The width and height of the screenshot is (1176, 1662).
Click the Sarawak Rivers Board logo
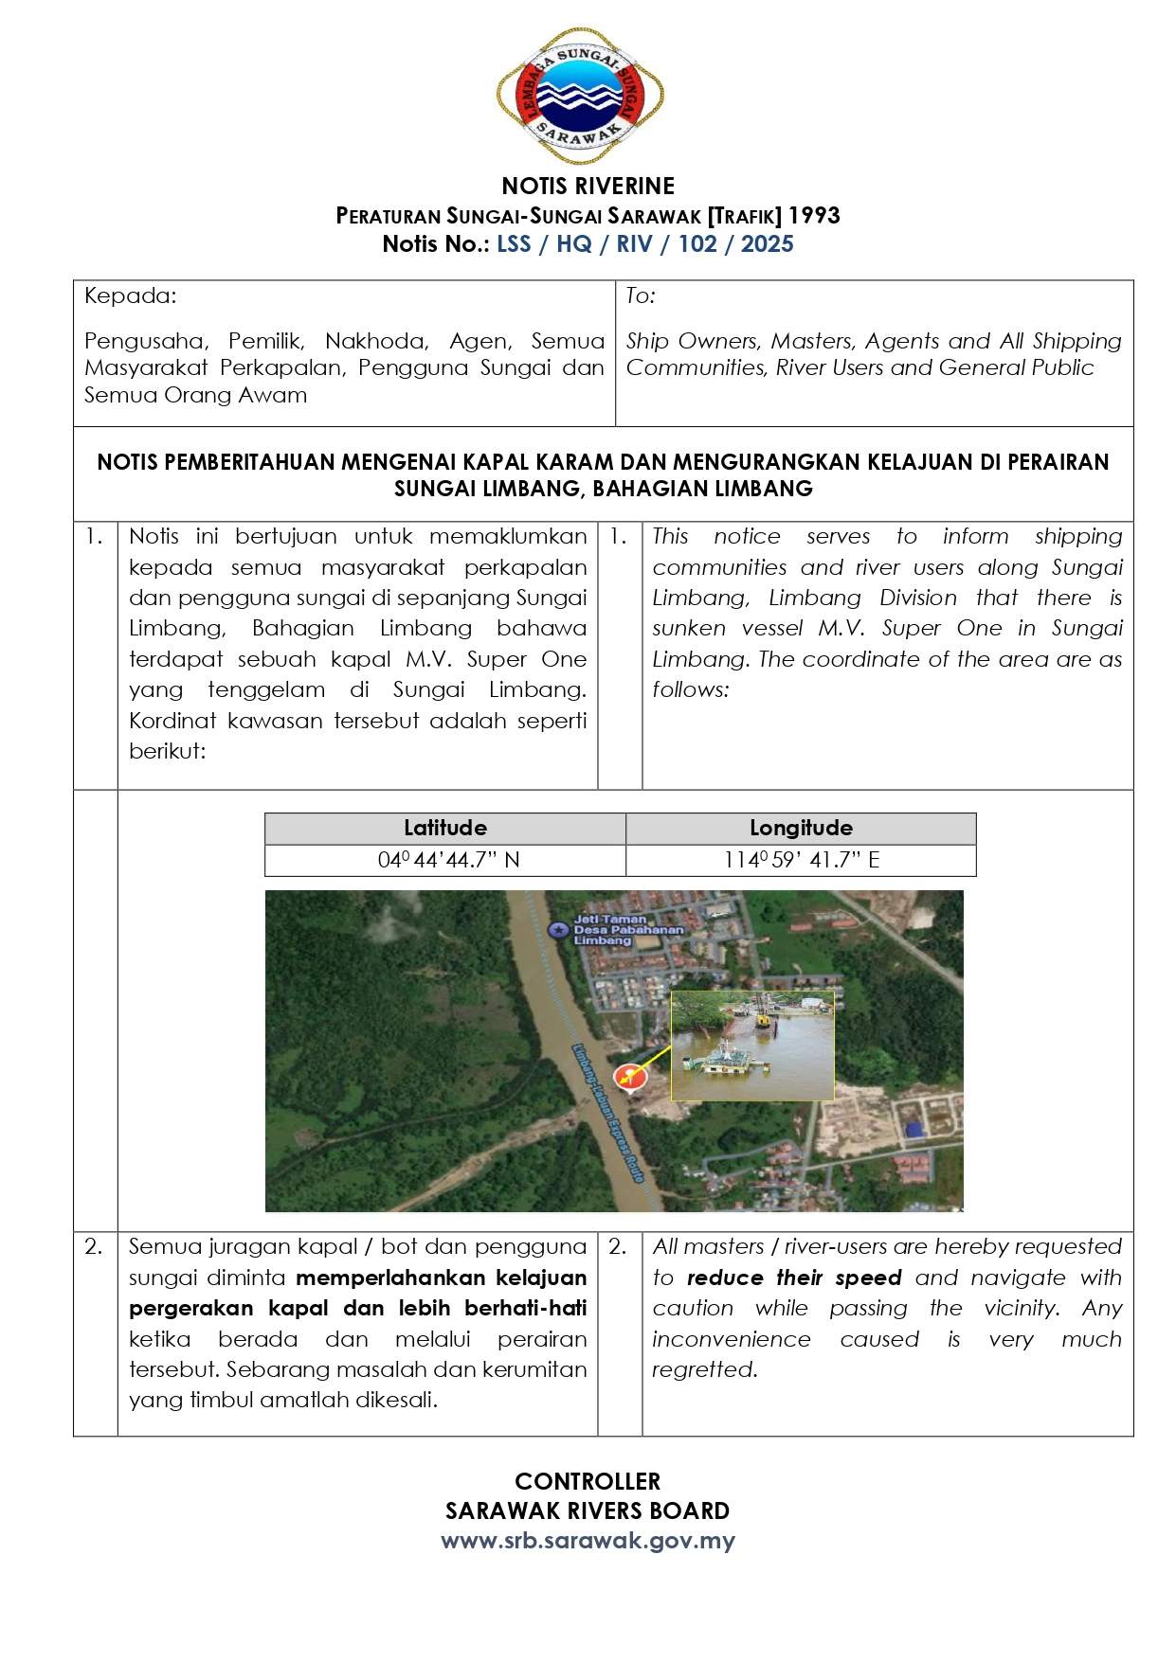click(x=580, y=96)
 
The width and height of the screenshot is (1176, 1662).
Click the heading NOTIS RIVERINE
click(x=588, y=186)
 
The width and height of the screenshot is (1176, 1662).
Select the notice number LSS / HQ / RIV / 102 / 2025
click(x=644, y=244)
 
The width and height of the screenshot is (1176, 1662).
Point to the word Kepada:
click(x=130, y=295)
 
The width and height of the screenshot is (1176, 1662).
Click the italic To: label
click(x=641, y=295)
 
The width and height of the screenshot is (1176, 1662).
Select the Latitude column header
click(x=444, y=828)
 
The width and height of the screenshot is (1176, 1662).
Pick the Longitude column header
click(x=801, y=828)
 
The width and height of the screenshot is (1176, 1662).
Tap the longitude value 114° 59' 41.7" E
click(x=802, y=860)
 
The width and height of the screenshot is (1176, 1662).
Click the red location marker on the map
click(x=626, y=1077)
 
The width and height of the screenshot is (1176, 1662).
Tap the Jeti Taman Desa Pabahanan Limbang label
click(x=626, y=929)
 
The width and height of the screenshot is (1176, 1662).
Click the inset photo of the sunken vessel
click(x=752, y=1045)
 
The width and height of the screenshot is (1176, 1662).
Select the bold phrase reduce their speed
click(x=794, y=1278)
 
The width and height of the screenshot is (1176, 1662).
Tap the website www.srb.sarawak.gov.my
click(x=588, y=1541)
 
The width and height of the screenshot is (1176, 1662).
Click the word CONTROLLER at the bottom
click(x=588, y=1481)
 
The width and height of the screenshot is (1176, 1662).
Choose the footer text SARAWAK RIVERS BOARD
click(x=588, y=1510)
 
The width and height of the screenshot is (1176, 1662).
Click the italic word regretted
click(x=704, y=1369)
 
